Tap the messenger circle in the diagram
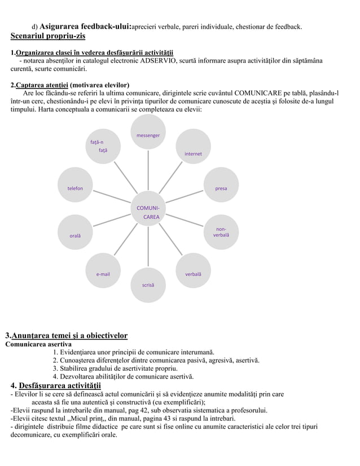(x=148, y=135)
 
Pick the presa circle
(x=221, y=188)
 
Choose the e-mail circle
(x=103, y=274)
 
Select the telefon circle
(x=75, y=188)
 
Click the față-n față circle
(x=103, y=147)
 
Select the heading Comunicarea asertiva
(x=38, y=344)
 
